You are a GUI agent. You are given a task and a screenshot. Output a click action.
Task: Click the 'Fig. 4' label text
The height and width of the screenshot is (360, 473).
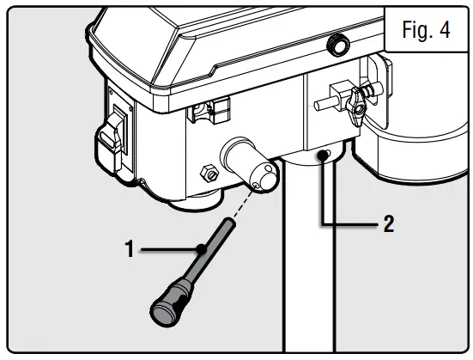point(426,30)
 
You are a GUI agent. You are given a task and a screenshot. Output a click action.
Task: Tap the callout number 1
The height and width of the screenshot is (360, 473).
point(130,249)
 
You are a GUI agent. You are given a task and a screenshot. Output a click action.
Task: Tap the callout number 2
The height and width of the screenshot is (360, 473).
point(388,224)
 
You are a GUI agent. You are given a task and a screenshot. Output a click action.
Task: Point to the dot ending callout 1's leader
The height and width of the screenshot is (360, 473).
point(201,249)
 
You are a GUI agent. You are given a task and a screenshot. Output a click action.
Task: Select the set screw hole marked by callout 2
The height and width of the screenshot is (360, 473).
point(322,155)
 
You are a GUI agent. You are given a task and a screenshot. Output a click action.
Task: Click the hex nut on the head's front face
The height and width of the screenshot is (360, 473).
point(207,171)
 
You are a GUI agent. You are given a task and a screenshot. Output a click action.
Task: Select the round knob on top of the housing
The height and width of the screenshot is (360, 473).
point(335,43)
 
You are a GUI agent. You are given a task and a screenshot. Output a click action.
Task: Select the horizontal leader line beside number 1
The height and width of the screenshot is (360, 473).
point(168,249)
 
